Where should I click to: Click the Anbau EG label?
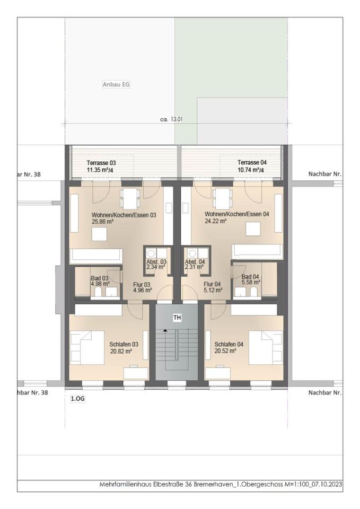click(116, 84)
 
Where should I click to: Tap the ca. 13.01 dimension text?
click(171, 119)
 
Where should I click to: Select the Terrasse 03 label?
click(101, 163)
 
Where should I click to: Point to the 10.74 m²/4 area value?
click(251, 170)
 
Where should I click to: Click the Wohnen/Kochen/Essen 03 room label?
click(124, 215)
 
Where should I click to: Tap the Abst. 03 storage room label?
click(156, 261)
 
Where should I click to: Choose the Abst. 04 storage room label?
click(195, 261)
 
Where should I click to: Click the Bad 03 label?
click(100, 278)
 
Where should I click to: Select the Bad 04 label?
click(250, 277)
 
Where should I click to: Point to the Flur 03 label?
click(142, 285)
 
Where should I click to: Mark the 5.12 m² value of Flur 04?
click(213, 290)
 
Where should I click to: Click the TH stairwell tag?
click(177, 318)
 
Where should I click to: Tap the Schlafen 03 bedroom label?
click(124, 345)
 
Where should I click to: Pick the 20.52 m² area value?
click(225, 351)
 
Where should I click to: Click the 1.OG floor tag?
click(78, 399)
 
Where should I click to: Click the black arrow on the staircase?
click(165, 330)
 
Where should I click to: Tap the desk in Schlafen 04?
click(218, 373)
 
